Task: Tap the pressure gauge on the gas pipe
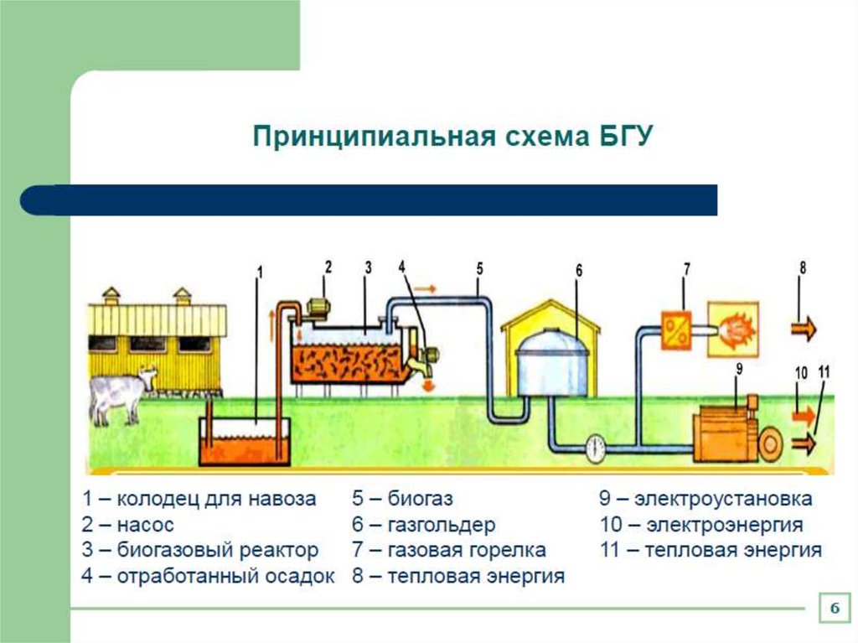[596, 446]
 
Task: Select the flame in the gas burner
[733, 327]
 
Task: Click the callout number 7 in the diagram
[686, 270]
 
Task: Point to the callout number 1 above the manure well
[260, 272]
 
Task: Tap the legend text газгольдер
[441, 526]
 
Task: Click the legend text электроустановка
[722, 500]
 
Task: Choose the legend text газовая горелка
[466, 551]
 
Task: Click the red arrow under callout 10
[803, 412]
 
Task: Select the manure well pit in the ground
[244, 441]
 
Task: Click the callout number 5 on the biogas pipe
[479, 269]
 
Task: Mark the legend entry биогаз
[420, 500]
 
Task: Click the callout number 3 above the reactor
[368, 268]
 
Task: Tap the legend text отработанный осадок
[225, 577]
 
